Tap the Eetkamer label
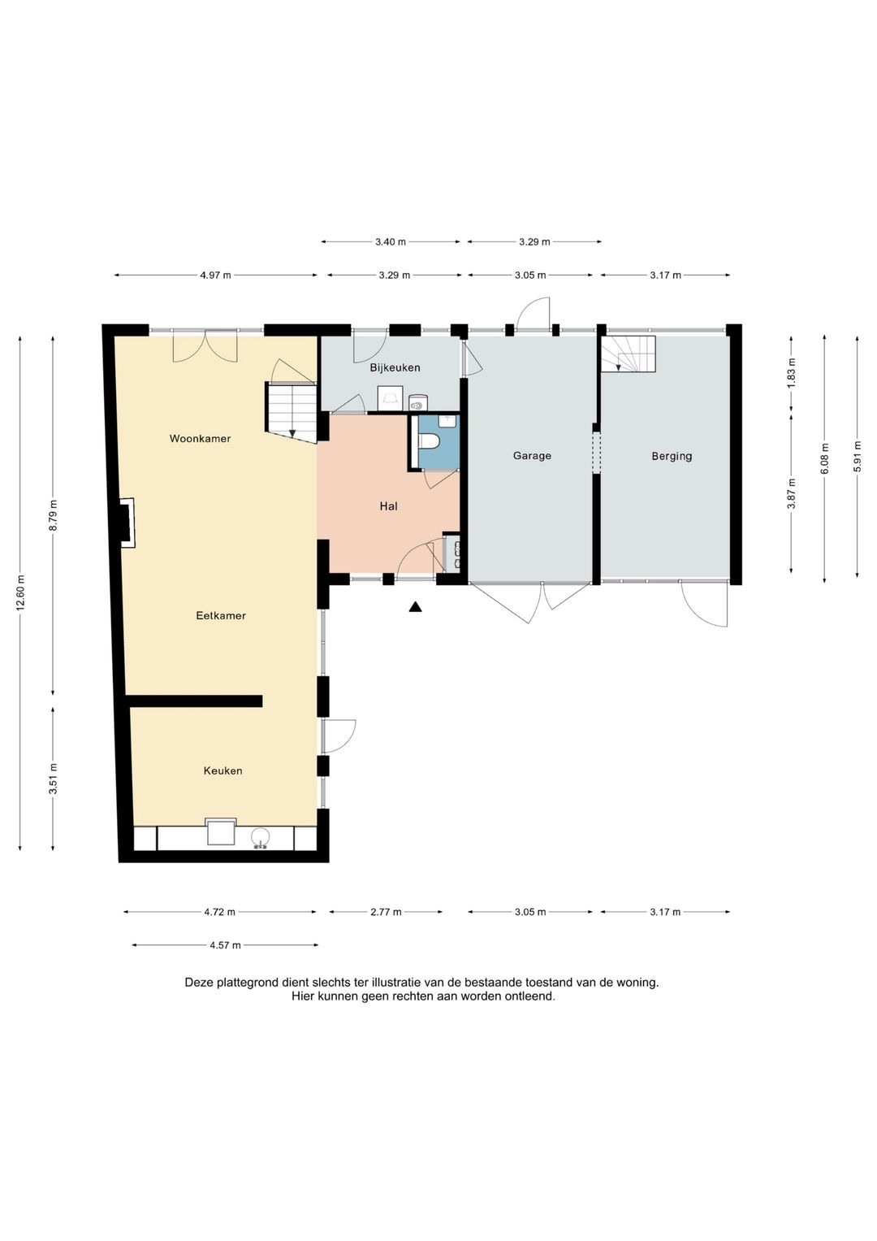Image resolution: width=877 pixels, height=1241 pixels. [221, 615]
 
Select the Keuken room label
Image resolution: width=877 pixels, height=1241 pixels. [222, 770]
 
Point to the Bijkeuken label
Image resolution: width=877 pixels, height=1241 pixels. [395, 367]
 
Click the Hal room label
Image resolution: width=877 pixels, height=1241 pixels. [388, 506]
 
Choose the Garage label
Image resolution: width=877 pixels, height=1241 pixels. [532, 455]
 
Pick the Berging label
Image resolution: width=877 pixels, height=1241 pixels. [672, 456]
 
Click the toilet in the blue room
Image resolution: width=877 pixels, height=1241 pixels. [429, 441]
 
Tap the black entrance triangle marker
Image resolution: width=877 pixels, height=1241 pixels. [415, 606]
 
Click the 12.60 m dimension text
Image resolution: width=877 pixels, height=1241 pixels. [20, 593]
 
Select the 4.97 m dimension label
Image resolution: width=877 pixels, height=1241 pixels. [215, 275]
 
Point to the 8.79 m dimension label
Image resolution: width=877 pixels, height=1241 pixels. [53, 515]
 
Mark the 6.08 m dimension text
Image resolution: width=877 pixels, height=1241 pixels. [824, 458]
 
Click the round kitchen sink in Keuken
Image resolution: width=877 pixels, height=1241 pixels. [261, 838]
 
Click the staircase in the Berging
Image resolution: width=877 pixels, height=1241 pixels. [629, 354]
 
